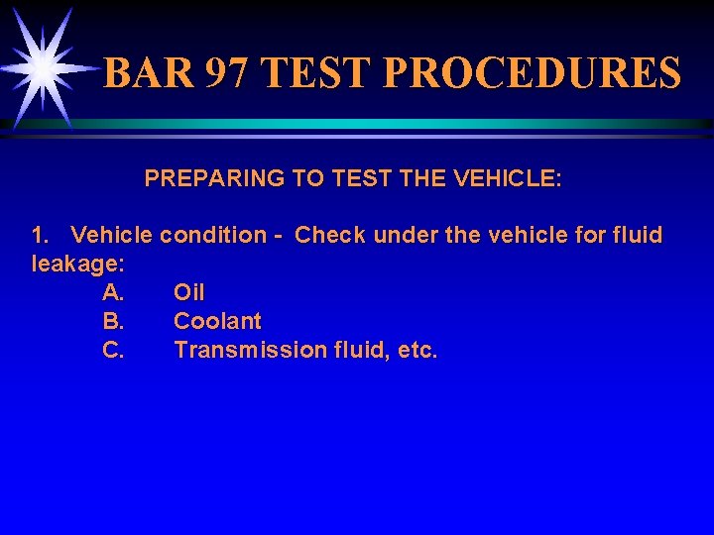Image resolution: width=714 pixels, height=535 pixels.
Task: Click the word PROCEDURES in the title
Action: coord(531,73)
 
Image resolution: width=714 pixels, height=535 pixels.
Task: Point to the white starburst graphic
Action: coord(42,66)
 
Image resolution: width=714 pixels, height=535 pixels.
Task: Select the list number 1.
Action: coord(40,236)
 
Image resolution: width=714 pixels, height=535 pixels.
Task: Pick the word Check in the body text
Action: coord(329,236)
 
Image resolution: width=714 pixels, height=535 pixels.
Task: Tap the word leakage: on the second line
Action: coord(78,264)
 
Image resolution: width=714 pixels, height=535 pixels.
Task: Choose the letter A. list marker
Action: coord(113,292)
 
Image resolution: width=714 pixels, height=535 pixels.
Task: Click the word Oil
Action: coord(189,292)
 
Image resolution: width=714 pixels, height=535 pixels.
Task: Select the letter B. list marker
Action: coord(113,321)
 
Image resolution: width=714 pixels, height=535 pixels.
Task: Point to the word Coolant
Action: coord(217,321)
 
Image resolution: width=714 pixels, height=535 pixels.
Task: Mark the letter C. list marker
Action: coord(113,350)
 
